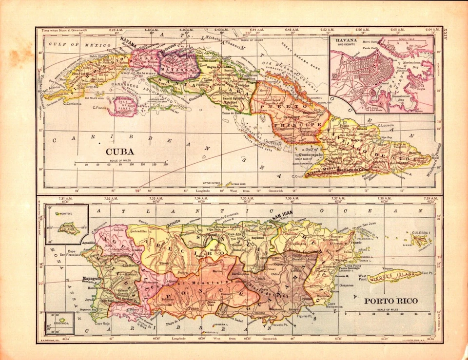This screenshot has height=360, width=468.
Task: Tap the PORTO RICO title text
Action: (x=390, y=301)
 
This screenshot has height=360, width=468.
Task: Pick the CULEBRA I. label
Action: (x=422, y=234)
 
